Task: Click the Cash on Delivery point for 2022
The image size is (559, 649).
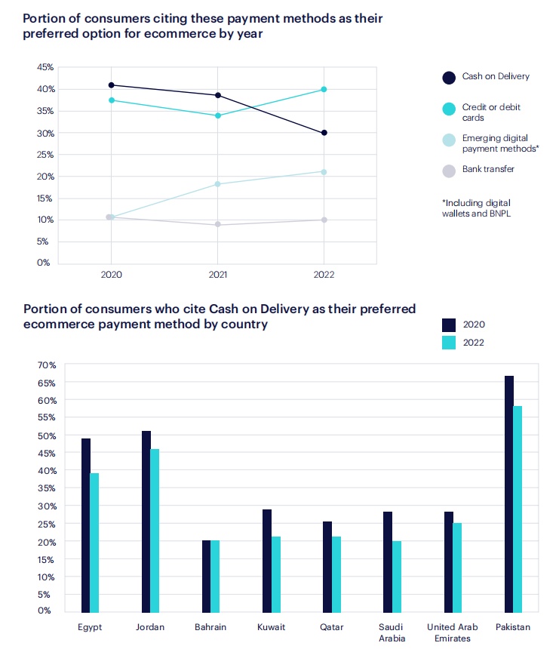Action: pyautogui.click(x=324, y=133)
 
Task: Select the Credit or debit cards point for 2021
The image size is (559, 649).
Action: pyautogui.click(x=218, y=115)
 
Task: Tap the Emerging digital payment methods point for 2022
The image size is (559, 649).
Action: pyautogui.click(x=324, y=172)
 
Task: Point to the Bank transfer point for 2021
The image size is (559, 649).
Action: pyautogui.click(x=218, y=225)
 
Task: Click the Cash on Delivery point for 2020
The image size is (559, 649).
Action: pyautogui.click(x=112, y=85)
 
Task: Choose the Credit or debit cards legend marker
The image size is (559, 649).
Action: pyautogui.click(x=449, y=109)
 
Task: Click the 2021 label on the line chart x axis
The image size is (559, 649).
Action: pyautogui.click(x=218, y=275)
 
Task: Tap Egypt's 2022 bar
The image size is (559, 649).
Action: pyautogui.click(x=95, y=542)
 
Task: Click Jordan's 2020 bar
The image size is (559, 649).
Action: pyautogui.click(x=146, y=521)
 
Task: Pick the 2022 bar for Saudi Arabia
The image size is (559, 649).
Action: pyautogui.click(x=397, y=576)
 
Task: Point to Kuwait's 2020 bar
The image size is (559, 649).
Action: pyautogui.click(x=267, y=560)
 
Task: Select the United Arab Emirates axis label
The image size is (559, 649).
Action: pyautogui.click(x=453, y=632)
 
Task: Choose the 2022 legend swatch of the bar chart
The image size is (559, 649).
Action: pyautogui.click(x=449, y=342)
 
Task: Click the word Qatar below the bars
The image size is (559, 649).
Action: pyautogui.click(x=332, y=627)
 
